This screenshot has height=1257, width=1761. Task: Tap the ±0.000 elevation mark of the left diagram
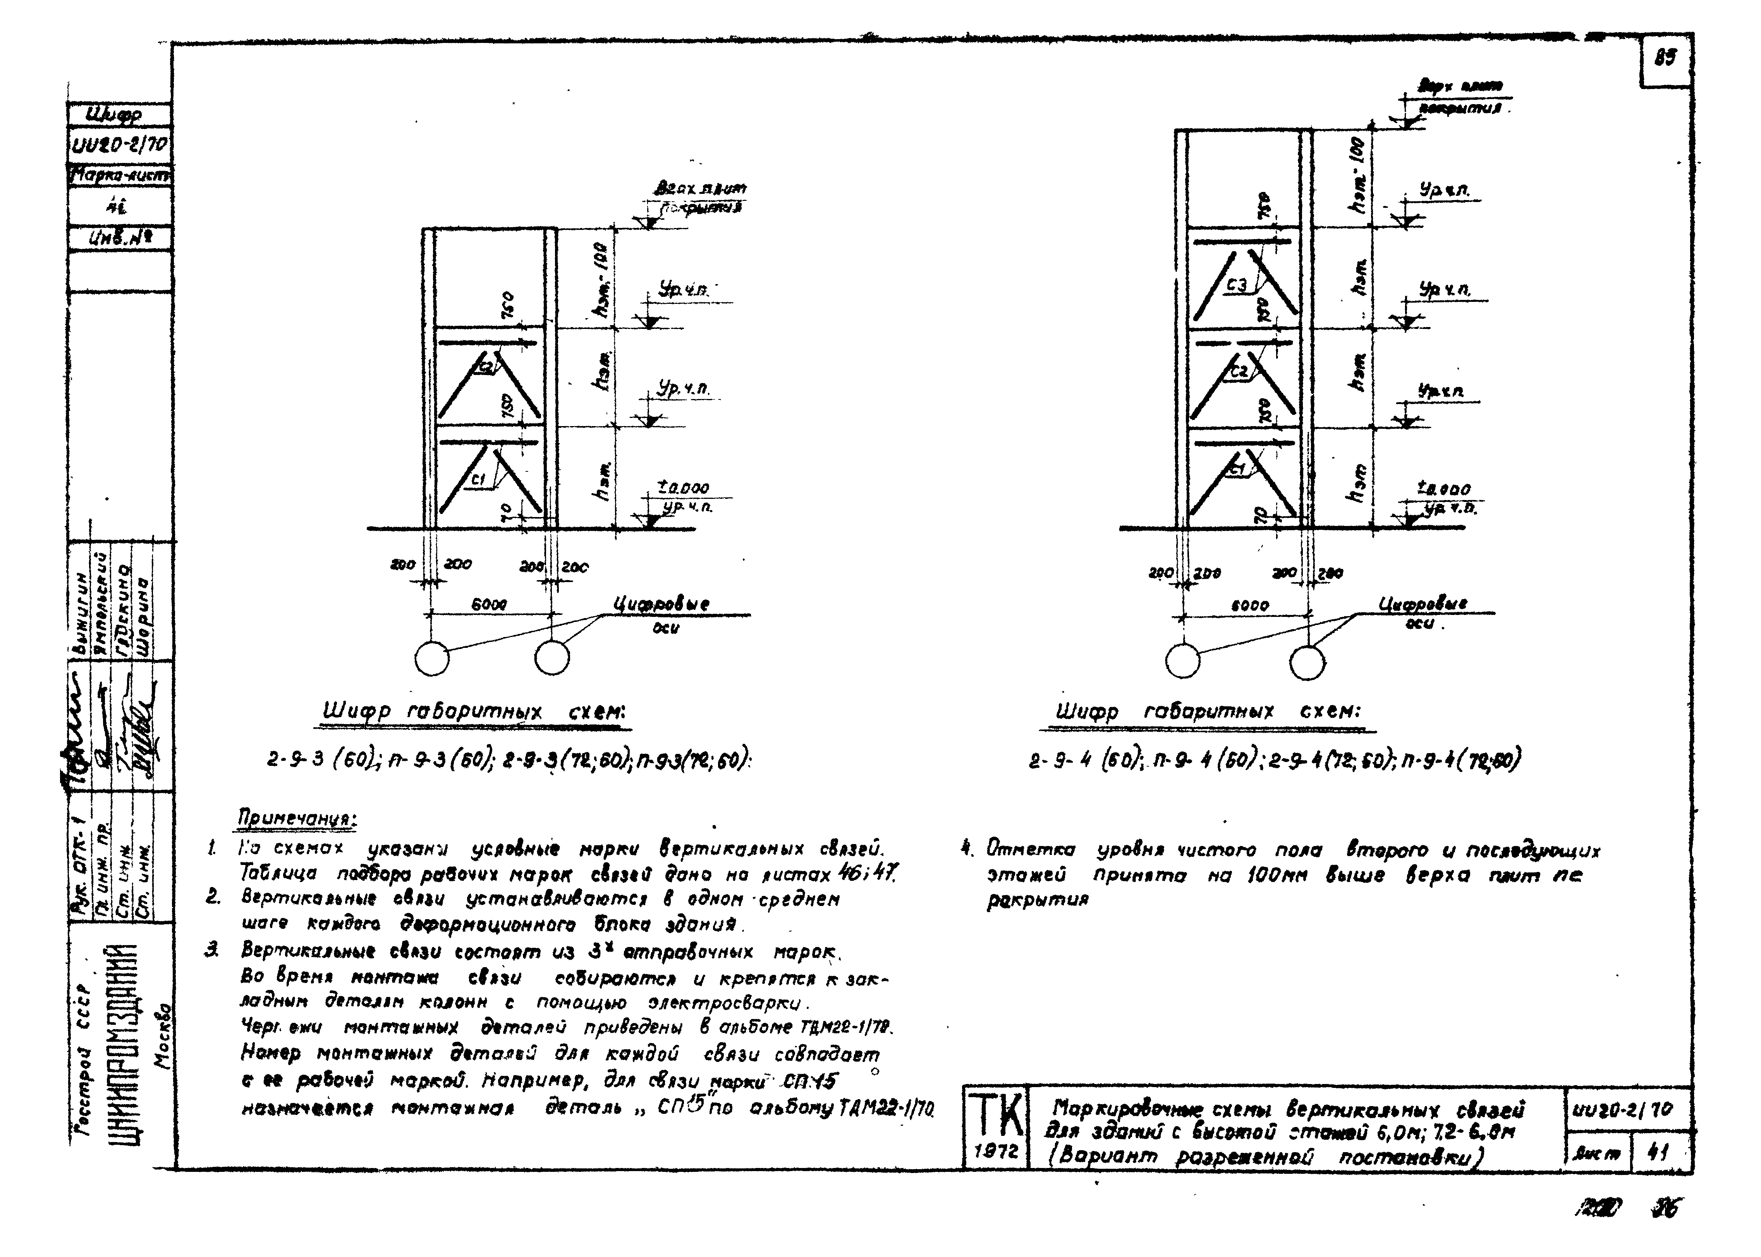[683, 488]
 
